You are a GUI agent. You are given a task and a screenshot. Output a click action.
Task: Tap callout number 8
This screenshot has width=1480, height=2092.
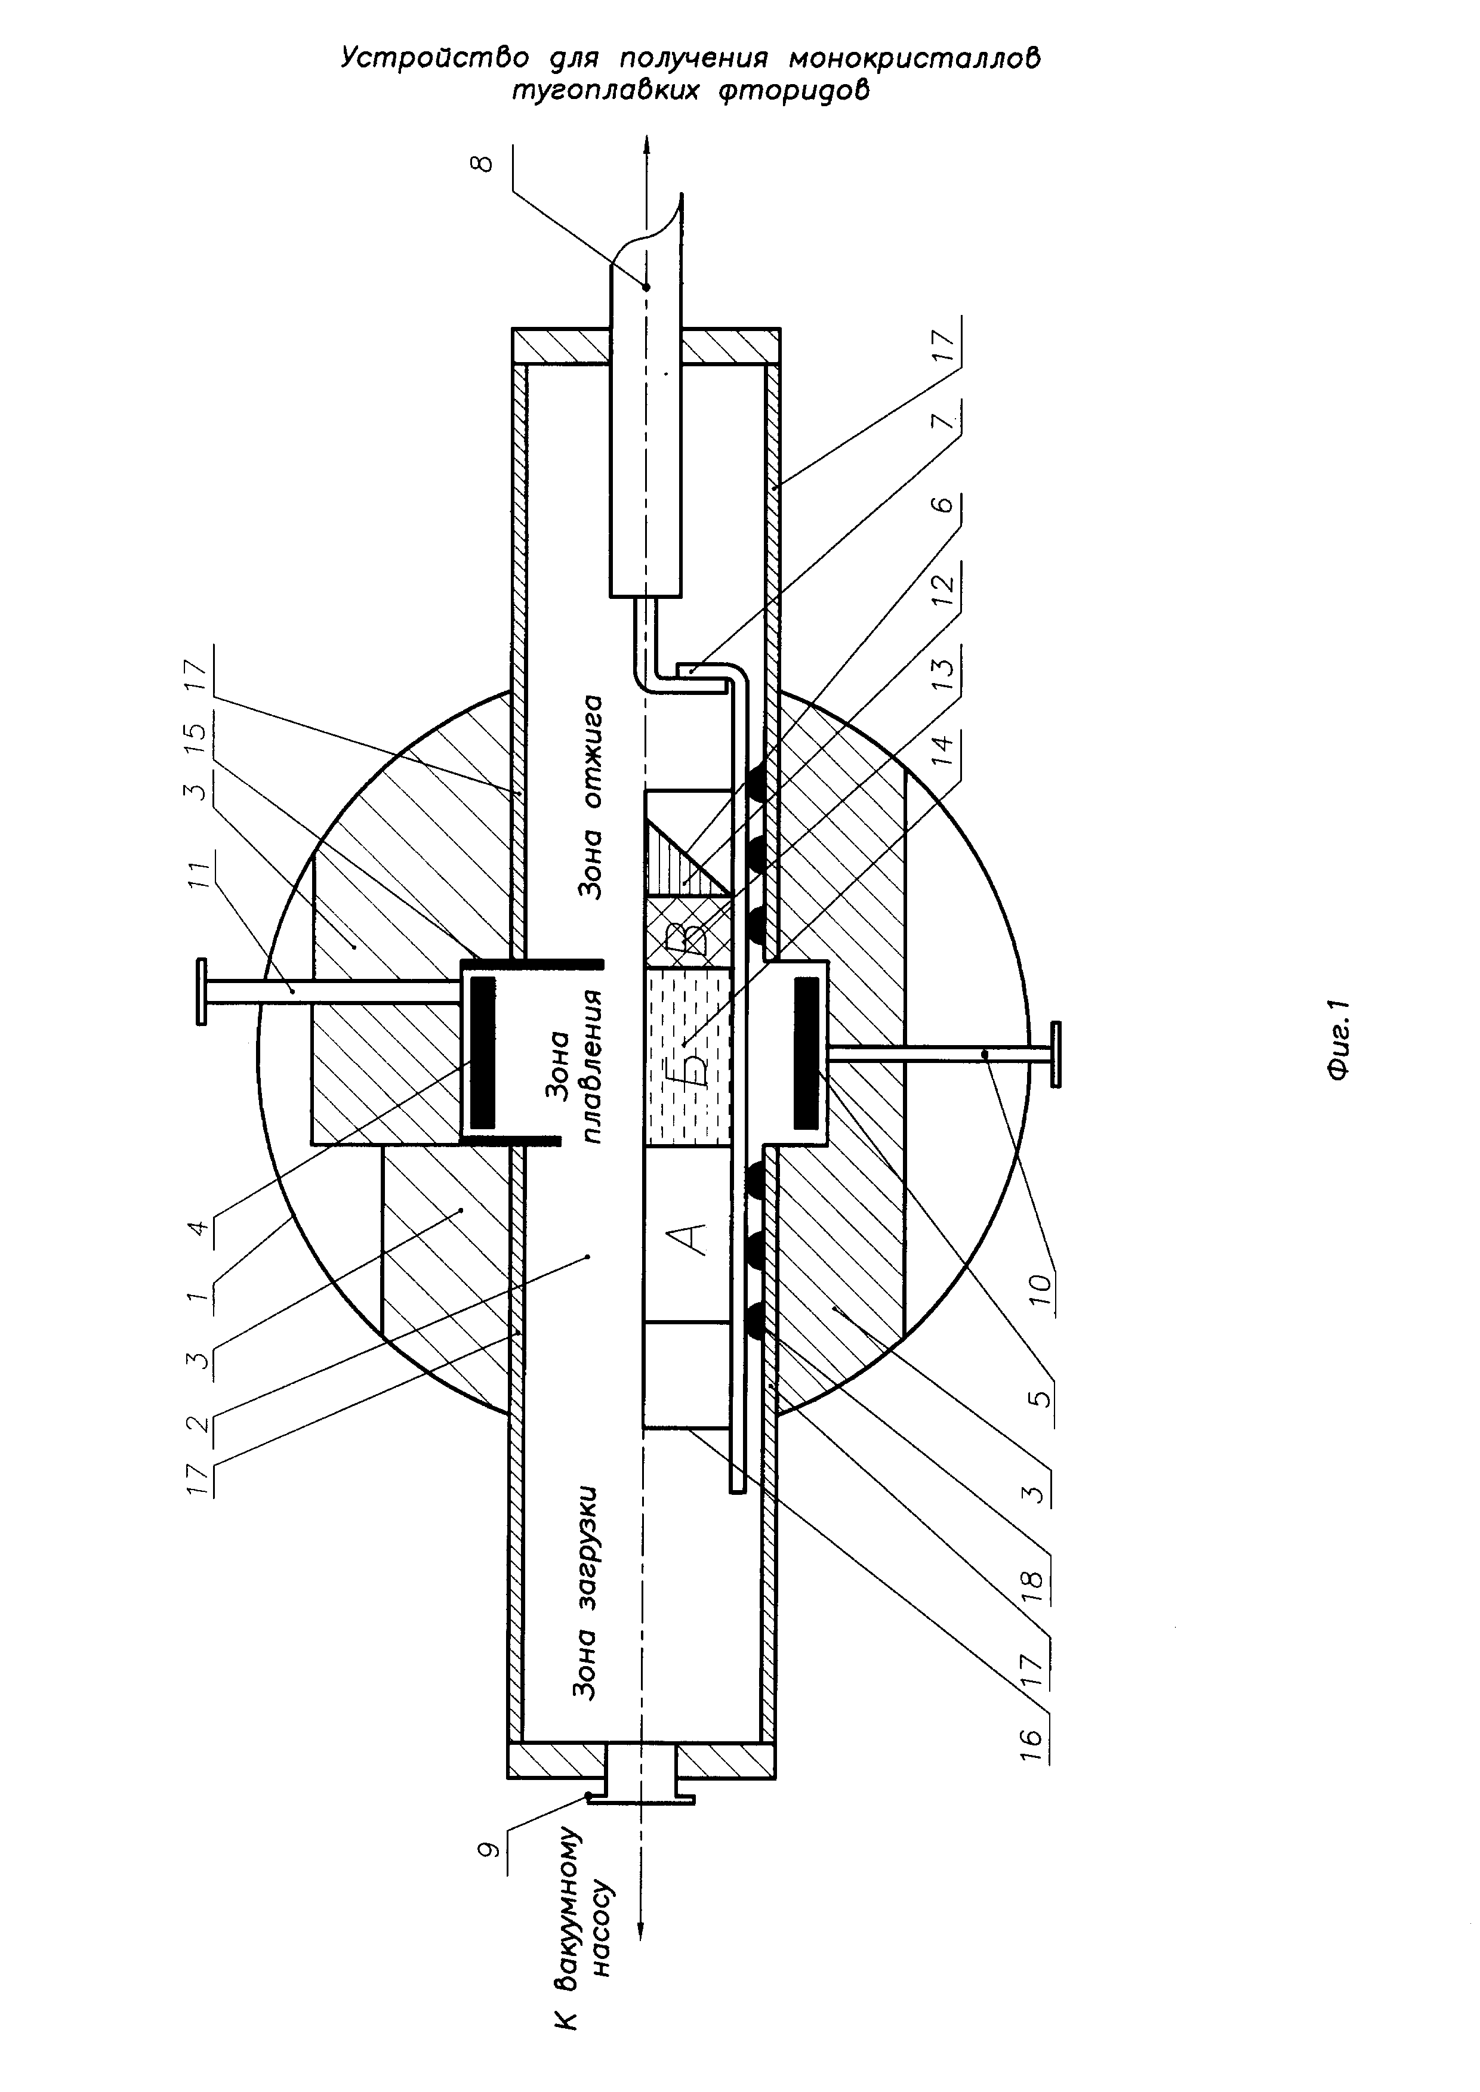(483, 164)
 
